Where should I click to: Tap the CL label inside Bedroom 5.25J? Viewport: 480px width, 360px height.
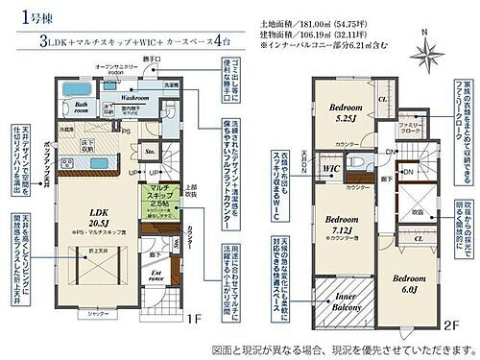[x=381, y=99]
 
